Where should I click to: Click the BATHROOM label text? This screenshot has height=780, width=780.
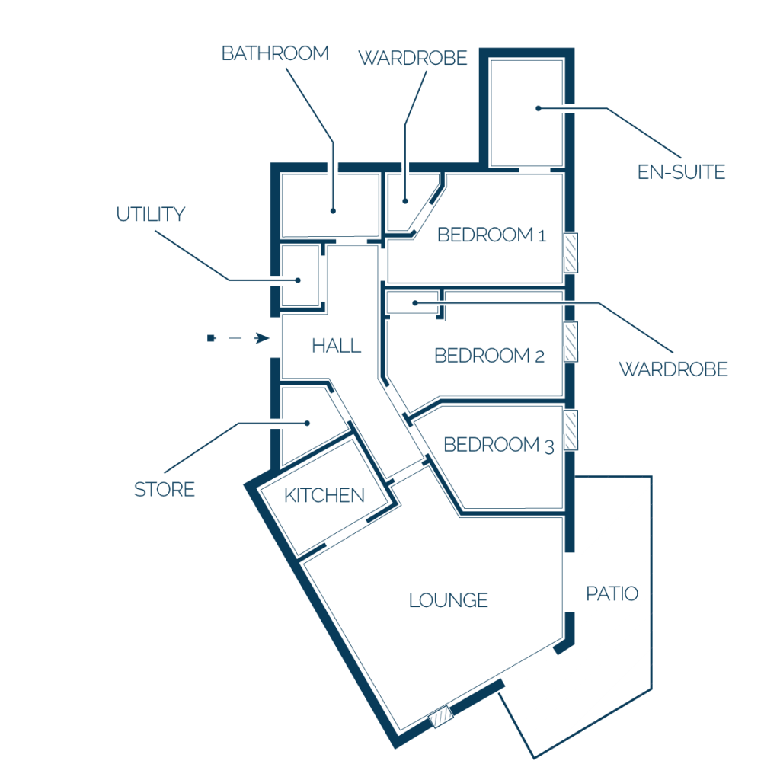pyautogui.click(x=275, y=53)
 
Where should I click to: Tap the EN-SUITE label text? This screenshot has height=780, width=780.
pyautogui.click(x=681, y=172)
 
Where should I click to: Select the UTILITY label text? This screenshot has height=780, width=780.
pyautogui.click(x=151, y=214)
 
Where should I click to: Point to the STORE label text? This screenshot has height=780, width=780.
pyautogui.click(x=165, y=490)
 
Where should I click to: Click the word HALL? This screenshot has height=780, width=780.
pyautogui.click(x=336, y=346)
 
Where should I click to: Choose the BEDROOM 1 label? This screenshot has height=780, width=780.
pyautogui.click(x=491, y=235)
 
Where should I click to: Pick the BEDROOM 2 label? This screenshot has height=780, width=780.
pyautogui.click(x=489, y=356)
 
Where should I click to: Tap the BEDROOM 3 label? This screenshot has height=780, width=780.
pyautogui.click(x=498, y=445)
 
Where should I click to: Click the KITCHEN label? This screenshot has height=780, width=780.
pyautogui.click(x=324, y=495)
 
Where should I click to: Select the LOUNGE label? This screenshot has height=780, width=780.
pyautogui.click(x=448, y=600)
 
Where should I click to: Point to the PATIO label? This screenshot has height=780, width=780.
pyautogui.click(x=612, y=593)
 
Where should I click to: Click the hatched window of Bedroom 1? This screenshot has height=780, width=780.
pyautogui.click(x=571, y=253)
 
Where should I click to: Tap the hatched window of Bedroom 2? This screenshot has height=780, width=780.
pyautogui.click(x=571, y=342)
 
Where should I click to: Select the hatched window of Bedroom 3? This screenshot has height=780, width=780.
pyautogui.click(x=571, y=430)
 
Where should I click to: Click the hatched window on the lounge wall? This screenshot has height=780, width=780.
pyautogui.click(x=441, y=717)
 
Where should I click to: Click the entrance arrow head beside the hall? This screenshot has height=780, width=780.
pyautogui.click(x=262, y=338)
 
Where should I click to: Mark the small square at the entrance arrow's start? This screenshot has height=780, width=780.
pyautogui.click(x=211, y=338)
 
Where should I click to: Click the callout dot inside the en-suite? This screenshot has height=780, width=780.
pyautogui.click(x=539, y=108)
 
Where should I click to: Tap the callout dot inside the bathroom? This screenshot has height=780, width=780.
pyautogui.click(x=334, y=211)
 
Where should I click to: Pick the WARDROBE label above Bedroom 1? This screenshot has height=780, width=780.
pyautogui.click(x=412, y=58)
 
